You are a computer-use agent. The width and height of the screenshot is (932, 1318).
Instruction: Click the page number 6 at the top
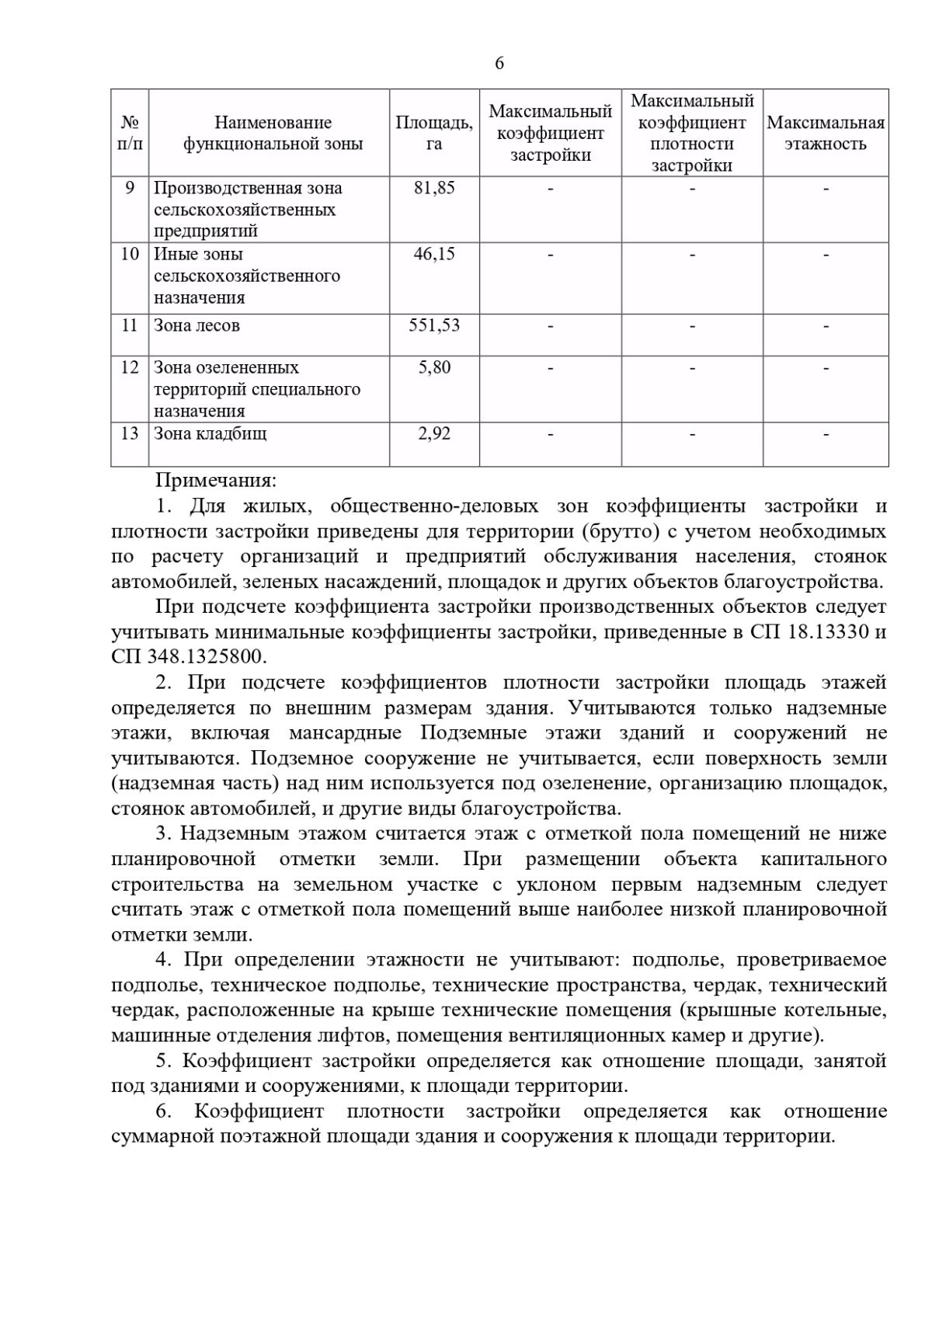[499, 64]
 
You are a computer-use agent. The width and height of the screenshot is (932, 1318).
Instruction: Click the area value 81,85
[434, 188]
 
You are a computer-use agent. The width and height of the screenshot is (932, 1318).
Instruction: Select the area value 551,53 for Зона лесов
[434, 325]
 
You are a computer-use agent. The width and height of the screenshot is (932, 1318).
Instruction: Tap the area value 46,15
[434, 254]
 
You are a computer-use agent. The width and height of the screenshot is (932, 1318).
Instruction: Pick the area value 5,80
[434, 367]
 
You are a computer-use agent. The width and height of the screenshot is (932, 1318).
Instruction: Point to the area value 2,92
[434, 433]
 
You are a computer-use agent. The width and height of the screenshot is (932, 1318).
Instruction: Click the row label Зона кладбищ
[210, 433]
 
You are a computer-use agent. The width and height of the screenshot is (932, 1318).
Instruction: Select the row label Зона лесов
[196, 325]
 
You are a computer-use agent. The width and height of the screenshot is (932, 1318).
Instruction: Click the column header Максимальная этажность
[826, 133]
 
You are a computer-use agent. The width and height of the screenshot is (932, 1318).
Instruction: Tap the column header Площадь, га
[434, 133]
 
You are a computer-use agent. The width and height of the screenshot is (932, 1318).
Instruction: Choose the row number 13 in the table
[130, 433]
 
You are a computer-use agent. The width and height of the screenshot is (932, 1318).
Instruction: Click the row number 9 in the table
[130, 188]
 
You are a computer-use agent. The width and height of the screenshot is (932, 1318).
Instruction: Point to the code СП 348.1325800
[189, 656]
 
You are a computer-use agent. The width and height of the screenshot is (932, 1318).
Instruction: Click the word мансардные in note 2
[345, 733]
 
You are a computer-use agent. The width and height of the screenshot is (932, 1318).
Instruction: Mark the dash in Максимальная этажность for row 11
[826, 326]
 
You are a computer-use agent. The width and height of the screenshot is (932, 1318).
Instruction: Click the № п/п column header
[130, 133]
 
